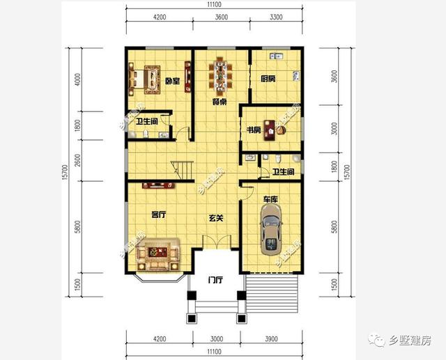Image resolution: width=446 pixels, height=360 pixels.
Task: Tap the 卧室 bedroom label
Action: (172, 81)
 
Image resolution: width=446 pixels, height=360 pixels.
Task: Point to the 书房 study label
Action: (253, 130)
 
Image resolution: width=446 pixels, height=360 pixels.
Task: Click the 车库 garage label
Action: (270, 200)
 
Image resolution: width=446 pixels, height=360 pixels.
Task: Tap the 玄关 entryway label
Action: (216, 219)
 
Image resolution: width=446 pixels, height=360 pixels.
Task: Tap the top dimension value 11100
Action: (214, 6)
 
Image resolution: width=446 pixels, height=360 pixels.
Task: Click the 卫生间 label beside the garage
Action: (283, 171)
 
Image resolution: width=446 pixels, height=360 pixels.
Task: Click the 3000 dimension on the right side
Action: (334, 130)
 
